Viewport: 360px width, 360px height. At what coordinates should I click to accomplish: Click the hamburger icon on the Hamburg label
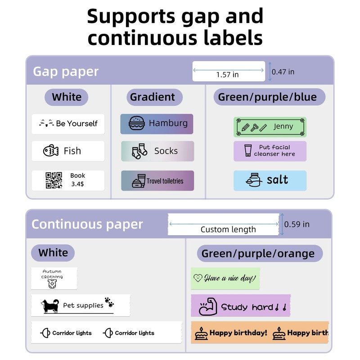click(x=137, y=123)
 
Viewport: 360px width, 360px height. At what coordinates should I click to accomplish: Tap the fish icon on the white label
click(x=51, y=151)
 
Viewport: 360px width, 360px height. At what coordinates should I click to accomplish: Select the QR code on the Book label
click(x=54, y=180)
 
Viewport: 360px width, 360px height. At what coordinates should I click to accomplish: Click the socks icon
click(x=139, y=151)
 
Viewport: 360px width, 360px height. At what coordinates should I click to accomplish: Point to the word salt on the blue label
click(x=277, y=180)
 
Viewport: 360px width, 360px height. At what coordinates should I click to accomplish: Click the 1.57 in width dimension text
click(x=227, y=75)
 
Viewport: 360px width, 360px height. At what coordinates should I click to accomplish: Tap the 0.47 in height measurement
click(x=283, y=72)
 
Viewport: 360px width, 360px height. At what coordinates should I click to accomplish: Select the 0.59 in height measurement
click(x=297, y=224)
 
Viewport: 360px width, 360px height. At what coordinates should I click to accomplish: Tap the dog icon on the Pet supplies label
click(x=50, y=306)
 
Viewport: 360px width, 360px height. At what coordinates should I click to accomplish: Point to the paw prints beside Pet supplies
click(x=109, y=302)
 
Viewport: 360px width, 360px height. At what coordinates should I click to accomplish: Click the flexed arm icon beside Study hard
click(x=208, y=306)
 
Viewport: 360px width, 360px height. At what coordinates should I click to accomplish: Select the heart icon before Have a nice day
click(x=198, y=278)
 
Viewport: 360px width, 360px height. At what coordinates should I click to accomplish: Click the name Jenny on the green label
click(x=283, y=126)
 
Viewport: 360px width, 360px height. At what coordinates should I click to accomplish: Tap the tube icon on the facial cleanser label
click(x=248, y=151)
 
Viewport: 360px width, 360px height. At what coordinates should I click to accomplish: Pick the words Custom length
click(x=228, y=229)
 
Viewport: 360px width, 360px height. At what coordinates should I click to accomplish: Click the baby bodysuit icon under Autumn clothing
click(x=52, y=284)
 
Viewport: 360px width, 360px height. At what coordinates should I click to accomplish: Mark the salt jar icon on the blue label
click(x=254, y=180)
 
